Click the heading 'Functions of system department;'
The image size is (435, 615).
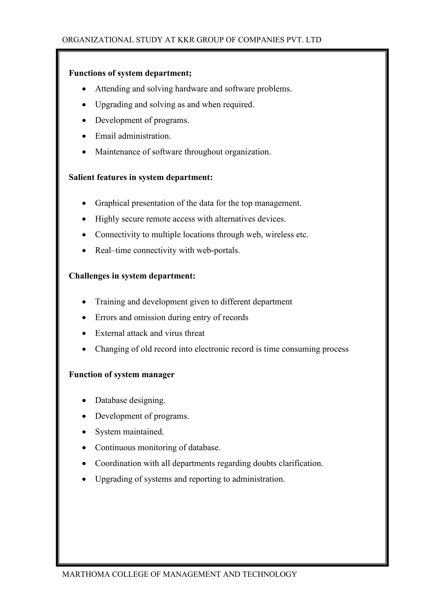[x=130, y=73]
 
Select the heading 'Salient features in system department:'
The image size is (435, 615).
[x=141, y=177]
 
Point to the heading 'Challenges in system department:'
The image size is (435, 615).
[x=132, y=276]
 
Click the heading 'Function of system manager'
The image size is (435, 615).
[x=122, y=374]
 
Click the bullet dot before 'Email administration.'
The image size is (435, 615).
[x=84, y=136]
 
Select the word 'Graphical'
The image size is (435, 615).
[x=112, y=203]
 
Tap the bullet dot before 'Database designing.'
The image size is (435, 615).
[x=84, y=401]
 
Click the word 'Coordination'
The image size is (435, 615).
[x=118, y=463]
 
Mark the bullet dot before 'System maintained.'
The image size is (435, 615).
[x=84, y=432]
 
